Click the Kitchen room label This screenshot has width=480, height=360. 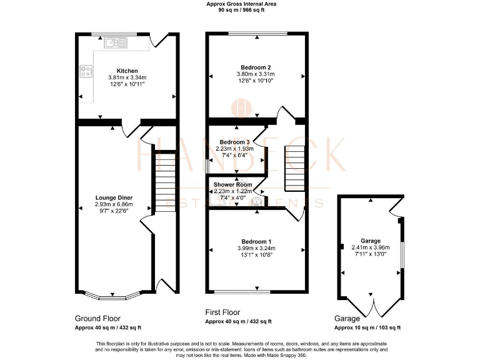click(127, 71)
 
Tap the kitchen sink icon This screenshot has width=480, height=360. click(116, 42)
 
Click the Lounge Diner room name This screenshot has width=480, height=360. click(114, 197)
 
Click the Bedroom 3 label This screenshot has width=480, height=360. click(236, 142)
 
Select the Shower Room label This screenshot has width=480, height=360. click(233, 185)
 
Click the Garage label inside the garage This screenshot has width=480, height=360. click(371, 241)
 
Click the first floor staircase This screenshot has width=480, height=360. click(294, 167)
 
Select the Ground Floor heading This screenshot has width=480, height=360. click(97, 318)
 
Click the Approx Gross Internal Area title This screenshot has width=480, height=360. click(241, 4)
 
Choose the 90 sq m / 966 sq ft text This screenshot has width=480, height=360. click(241, 11)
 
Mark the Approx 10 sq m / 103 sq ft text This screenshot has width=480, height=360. click(367, 327)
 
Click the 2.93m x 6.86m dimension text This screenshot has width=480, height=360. click(114, 204)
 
